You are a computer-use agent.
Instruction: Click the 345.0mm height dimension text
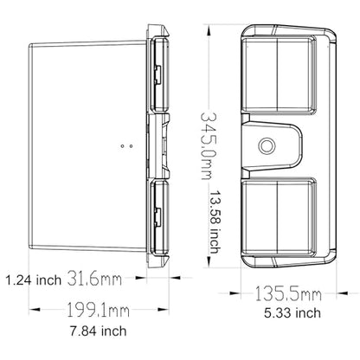[x=209, y=145]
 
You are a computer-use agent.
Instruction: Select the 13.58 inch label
[x=215, y=222]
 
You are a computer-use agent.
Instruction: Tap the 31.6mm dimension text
[x=94, y=279]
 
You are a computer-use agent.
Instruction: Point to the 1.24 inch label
[x=34, y=280]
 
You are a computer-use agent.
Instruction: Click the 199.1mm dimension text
[x=98, y=310]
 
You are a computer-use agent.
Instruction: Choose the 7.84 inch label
[x=99, y=331]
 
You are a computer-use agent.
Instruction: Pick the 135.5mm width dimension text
[x=287, y=294]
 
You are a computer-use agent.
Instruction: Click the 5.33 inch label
[x=292, y=313]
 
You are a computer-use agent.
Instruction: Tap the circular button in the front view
[x=267, y=145]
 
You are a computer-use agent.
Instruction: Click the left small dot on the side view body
[x=122, y=146]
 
